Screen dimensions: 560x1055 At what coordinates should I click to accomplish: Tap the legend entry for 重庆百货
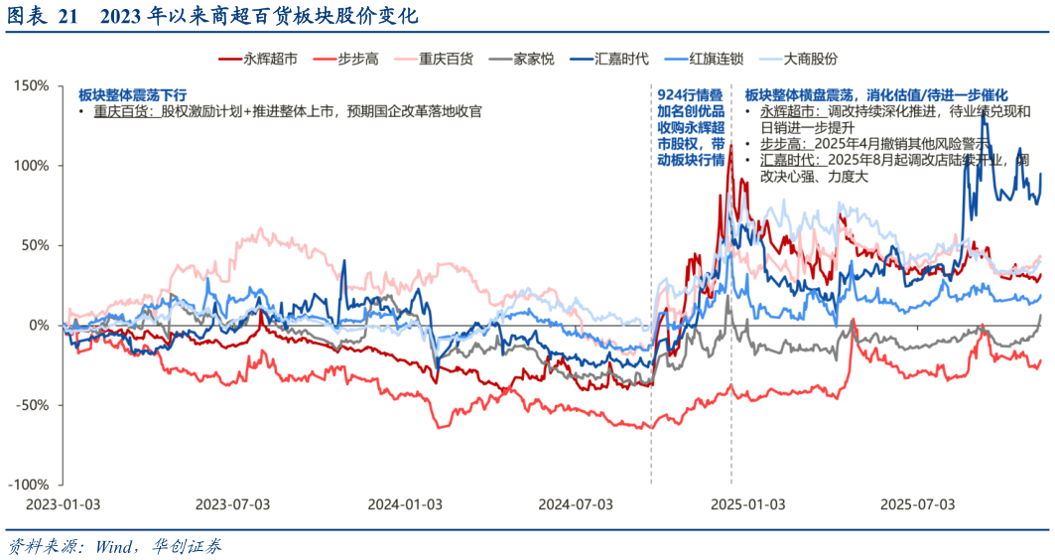point(446,60)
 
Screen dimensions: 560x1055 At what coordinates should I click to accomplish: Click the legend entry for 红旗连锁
point(718,60)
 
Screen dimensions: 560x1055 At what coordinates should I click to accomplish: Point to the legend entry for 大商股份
point(810,60)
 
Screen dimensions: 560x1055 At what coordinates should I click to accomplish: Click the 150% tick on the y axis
point(33,85)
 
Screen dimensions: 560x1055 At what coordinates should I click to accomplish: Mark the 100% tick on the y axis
point(33,165)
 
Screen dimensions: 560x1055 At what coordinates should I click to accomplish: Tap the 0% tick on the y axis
point(40,325)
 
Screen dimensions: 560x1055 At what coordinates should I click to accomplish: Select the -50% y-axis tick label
point(33,405)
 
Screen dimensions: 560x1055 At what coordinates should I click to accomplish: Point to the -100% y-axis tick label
point(30,485)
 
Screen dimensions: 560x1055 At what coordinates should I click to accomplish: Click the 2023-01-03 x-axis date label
point(63,504)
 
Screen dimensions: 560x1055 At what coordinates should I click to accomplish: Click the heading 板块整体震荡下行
point(132,94)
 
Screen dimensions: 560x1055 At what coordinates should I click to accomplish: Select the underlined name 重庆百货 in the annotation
point(121,112)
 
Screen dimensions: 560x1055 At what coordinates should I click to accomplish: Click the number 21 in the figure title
point(66,17)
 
